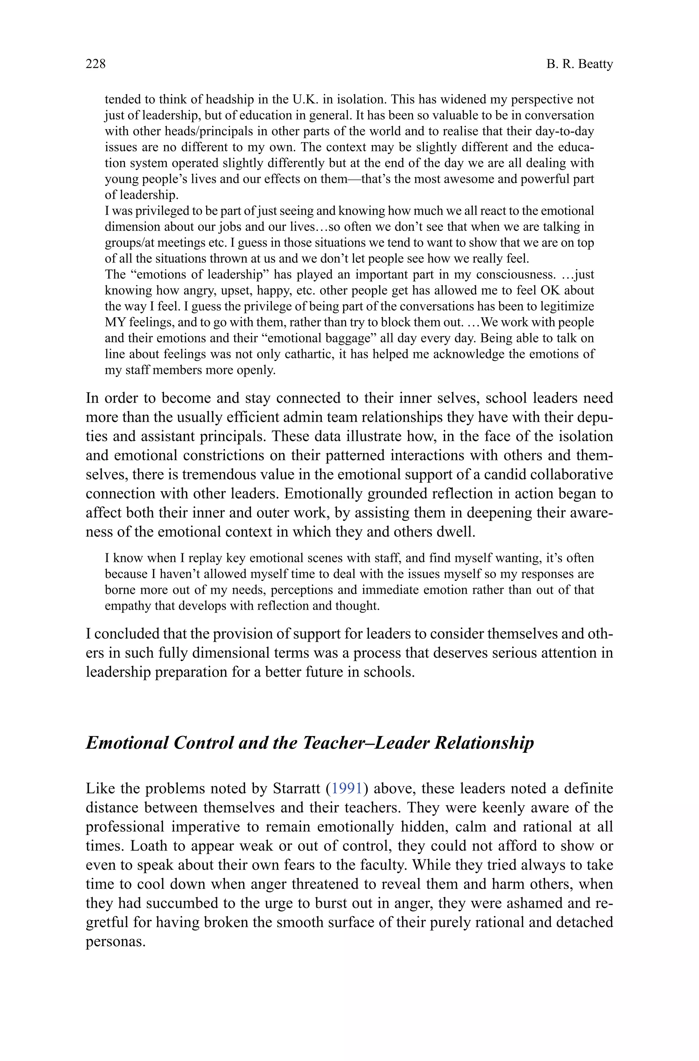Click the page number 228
(x=96, y=64)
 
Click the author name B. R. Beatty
(x=580, y=64)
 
